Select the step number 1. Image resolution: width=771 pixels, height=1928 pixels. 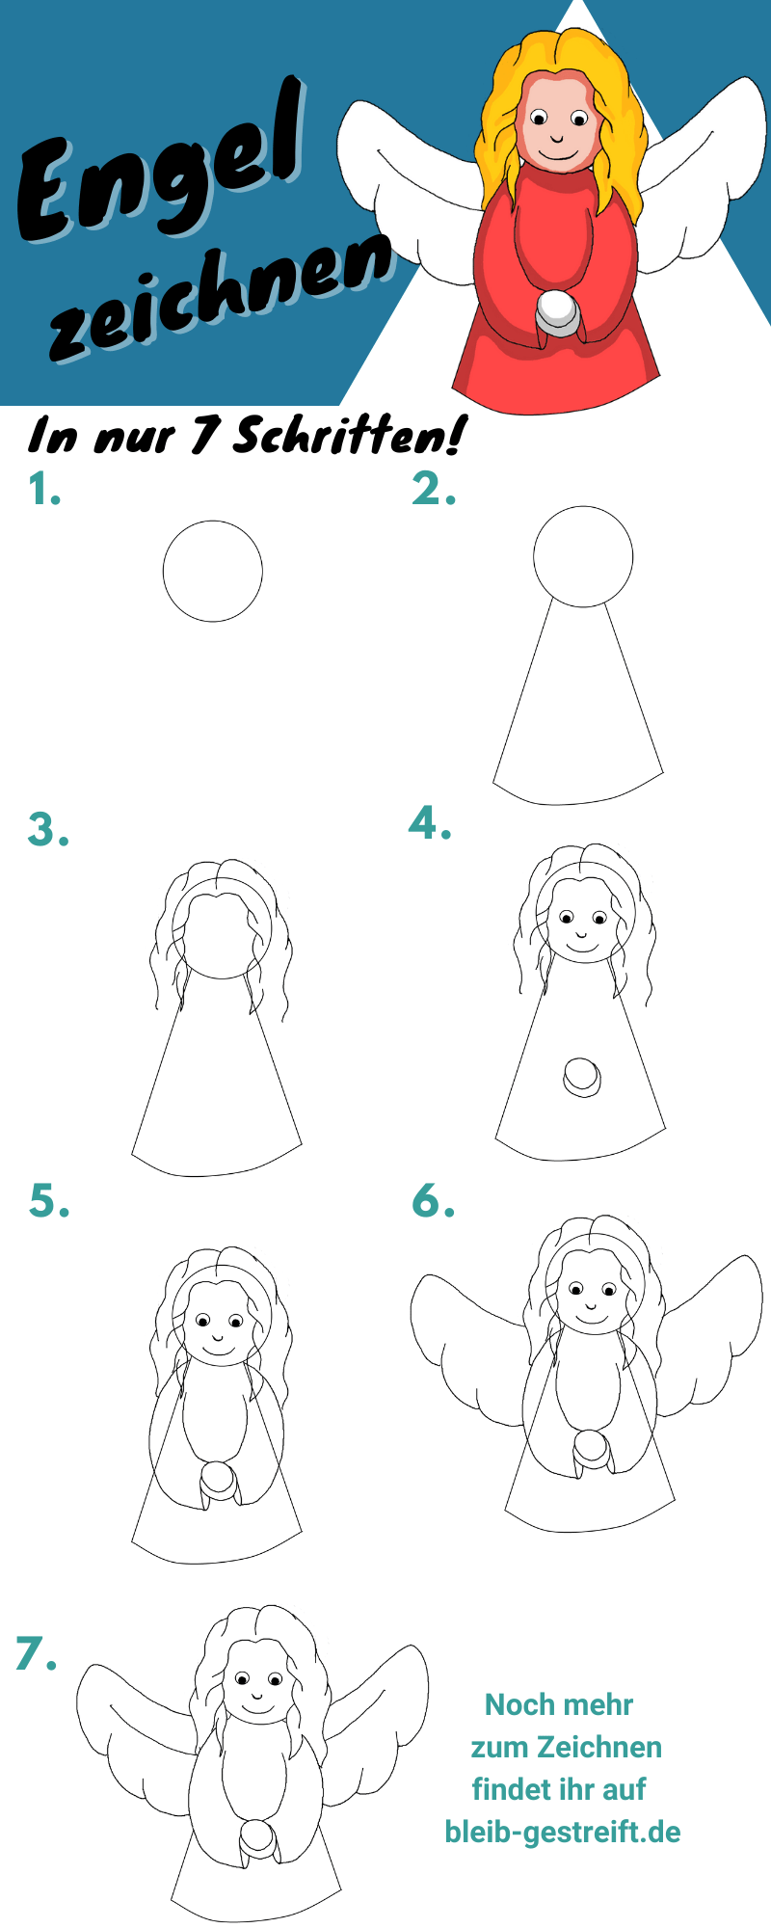pyautogui.click(x=44, y=490)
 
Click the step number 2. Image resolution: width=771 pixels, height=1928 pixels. pyautogui.click(x=434, y=489)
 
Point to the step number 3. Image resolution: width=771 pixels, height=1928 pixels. pyautogui.click(x=49, y=829)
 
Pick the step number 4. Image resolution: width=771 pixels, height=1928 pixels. pyautogui.click(x=431, y=822)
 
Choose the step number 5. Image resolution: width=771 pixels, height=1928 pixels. pyautogui.click(x=49, y=1200)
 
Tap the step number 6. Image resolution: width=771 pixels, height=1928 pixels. pyautogui.click(x=433, y=1200)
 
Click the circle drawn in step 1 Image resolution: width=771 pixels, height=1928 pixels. pyautogui.click(x=213, y=522)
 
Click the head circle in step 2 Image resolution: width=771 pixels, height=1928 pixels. pyautogui.click(x=583, y=507)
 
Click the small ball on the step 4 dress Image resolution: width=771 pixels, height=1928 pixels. pyautogui.click(x=581, y=1077)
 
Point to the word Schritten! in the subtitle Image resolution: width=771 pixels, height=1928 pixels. pyautogui.click(x=347, y=436)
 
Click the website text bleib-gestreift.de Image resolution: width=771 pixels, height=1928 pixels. pyautogui.click(x=563, y=1832)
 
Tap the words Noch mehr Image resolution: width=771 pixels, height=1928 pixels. pyautogui.click(x=559, y=1704)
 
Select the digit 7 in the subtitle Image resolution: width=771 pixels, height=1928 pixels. pyautogui.click(x=203, y=436)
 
